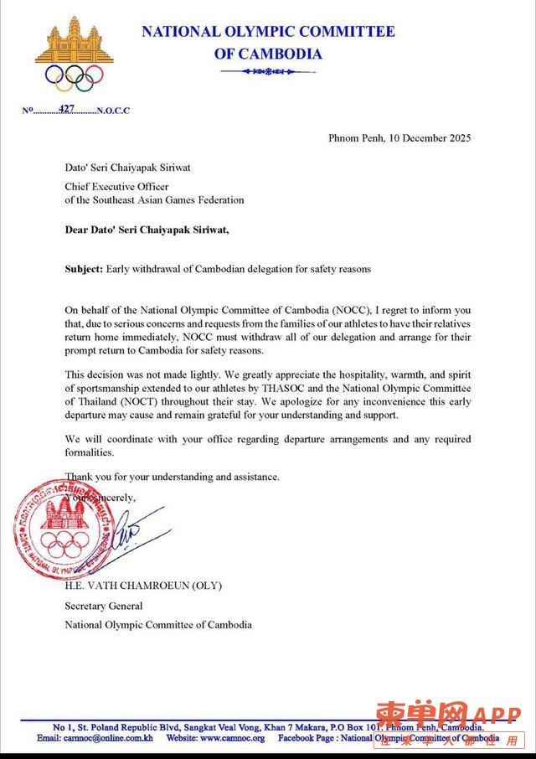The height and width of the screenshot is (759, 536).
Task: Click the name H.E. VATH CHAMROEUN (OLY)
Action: click(143, 586)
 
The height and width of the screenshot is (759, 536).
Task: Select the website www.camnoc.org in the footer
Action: click(232, 738)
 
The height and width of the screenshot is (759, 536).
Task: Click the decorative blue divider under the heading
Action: click(267, 72)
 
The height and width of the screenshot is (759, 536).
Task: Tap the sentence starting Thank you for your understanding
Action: click(172, 477)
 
